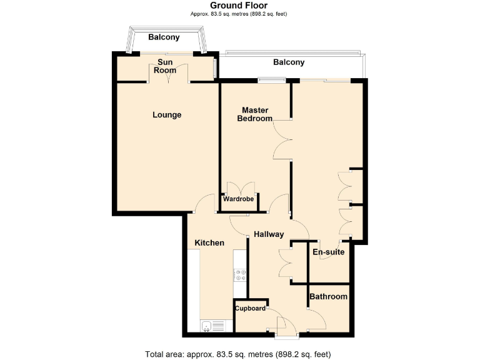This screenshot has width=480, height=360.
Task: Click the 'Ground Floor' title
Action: [239, 6]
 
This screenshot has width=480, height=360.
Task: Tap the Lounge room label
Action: [167, 115]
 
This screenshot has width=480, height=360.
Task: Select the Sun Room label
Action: [165, 66]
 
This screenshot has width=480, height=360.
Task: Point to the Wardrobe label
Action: [239, 199]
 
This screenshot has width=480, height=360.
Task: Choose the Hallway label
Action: [269, 234]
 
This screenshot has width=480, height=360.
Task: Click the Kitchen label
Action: [209, 242]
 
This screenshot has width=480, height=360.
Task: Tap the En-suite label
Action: [329, 252]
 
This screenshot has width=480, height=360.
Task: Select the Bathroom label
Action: [329, 297]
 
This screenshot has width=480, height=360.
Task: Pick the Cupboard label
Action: [250, 308]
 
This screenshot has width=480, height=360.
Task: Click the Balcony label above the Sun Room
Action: [164, 37]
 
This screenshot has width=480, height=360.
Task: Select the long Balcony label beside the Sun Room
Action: [289, 62]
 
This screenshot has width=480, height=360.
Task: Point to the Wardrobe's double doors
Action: [240, 188]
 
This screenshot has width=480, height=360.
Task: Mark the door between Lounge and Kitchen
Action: [204, 204]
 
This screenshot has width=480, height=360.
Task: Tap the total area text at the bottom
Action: [238, 354]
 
